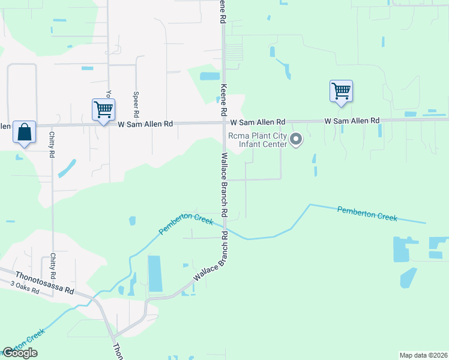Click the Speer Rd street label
pyautogui.click(x=136, y=104)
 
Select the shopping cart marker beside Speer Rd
pyautogui.click(x=103, y=110)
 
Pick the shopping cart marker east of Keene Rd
pyautogui.click(x=341, y=92)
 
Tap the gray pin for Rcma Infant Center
pyautogui.click(x=296, y=140)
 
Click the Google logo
pyautogui.click(x=20, y=353)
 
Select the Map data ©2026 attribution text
pyautogui.click(x=423, y=355)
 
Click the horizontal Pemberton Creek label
pyautogui.click(x=367, y=214)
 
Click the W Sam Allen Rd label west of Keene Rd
pyautogui.click(x=145, y=124)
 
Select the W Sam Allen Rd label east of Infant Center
pyautogui.click(x=352, y=121)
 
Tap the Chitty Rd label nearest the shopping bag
pyautogui.click(x=52, y=145)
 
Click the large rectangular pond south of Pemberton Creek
pyautogui.click(x=155, y=275)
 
